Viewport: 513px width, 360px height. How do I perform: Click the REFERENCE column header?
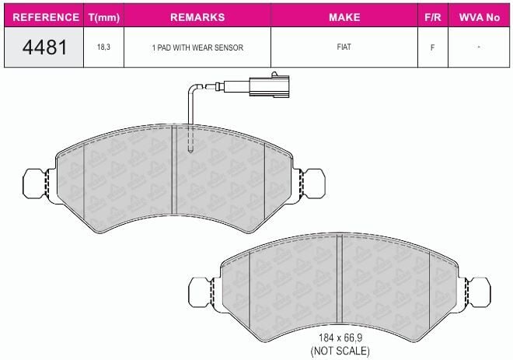pyautogui.click(x=46, y=17)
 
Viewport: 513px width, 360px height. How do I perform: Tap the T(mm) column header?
pyautogui.click(x=104, y=17)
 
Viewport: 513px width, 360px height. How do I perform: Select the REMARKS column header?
pyautogui.click(x=197, y=17)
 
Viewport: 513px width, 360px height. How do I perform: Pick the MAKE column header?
pyautogui.click(x=344, y=17)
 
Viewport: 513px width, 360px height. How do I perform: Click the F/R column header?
pyautogui.click(x=433, y=17)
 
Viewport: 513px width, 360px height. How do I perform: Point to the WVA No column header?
pyautogui.click(x=480, y=17)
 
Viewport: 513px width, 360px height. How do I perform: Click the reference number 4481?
pyautogui.click(x=45, y=47)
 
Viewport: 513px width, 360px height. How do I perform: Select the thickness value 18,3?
pyautogui.click(x=103, y=47)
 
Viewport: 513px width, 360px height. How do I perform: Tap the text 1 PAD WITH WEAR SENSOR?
pyautogui.click(x=197, y=47)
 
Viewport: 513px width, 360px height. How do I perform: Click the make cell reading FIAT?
pyautogui.click(x=344, y=47)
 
